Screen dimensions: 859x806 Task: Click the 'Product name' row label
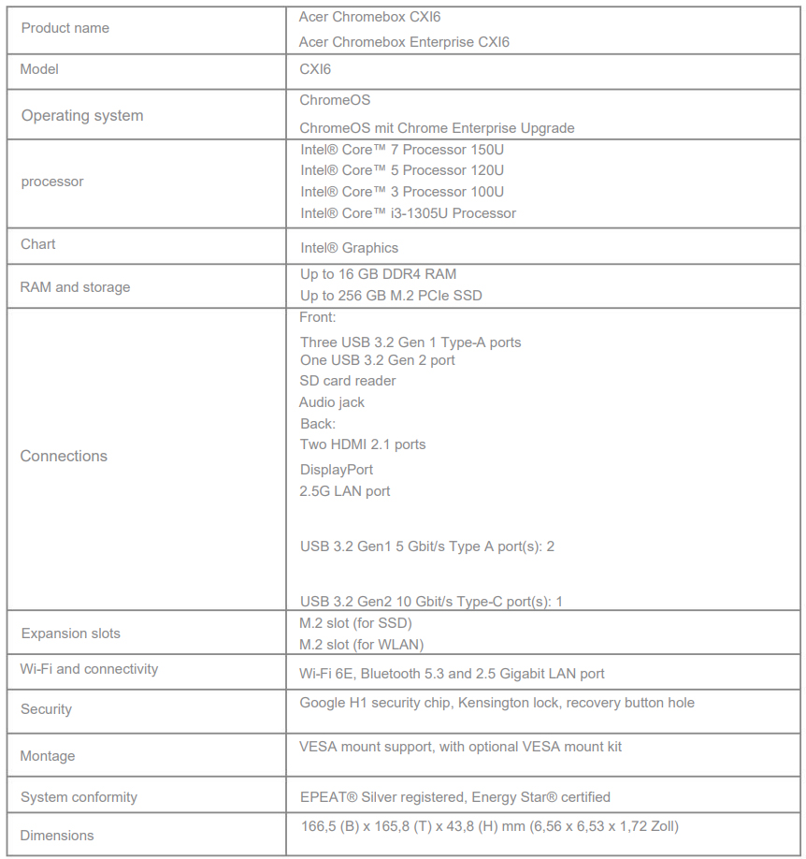65,28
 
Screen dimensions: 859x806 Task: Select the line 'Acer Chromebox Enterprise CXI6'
404,42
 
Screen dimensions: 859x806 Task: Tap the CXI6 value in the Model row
315,69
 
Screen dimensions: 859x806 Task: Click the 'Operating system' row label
82,116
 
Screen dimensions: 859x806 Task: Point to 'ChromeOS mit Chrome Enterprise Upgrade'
437,128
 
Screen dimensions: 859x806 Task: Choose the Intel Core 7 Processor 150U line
402,150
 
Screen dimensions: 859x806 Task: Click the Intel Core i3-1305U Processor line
408,213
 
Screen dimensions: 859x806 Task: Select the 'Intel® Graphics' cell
349,248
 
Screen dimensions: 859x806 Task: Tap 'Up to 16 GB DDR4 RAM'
378,274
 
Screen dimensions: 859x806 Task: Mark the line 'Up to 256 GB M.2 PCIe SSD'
391,296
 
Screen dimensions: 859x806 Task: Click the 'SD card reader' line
347,381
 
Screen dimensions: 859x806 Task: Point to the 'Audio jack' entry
332,402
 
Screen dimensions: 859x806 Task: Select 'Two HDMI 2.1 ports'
363,444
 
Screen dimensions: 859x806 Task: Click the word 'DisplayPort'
337,470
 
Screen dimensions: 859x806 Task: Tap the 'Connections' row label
64,457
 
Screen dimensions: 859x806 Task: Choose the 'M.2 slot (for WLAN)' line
361,645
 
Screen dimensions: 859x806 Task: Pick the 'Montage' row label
48,756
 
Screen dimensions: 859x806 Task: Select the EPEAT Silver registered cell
454,797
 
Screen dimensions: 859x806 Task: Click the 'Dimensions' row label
57,836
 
